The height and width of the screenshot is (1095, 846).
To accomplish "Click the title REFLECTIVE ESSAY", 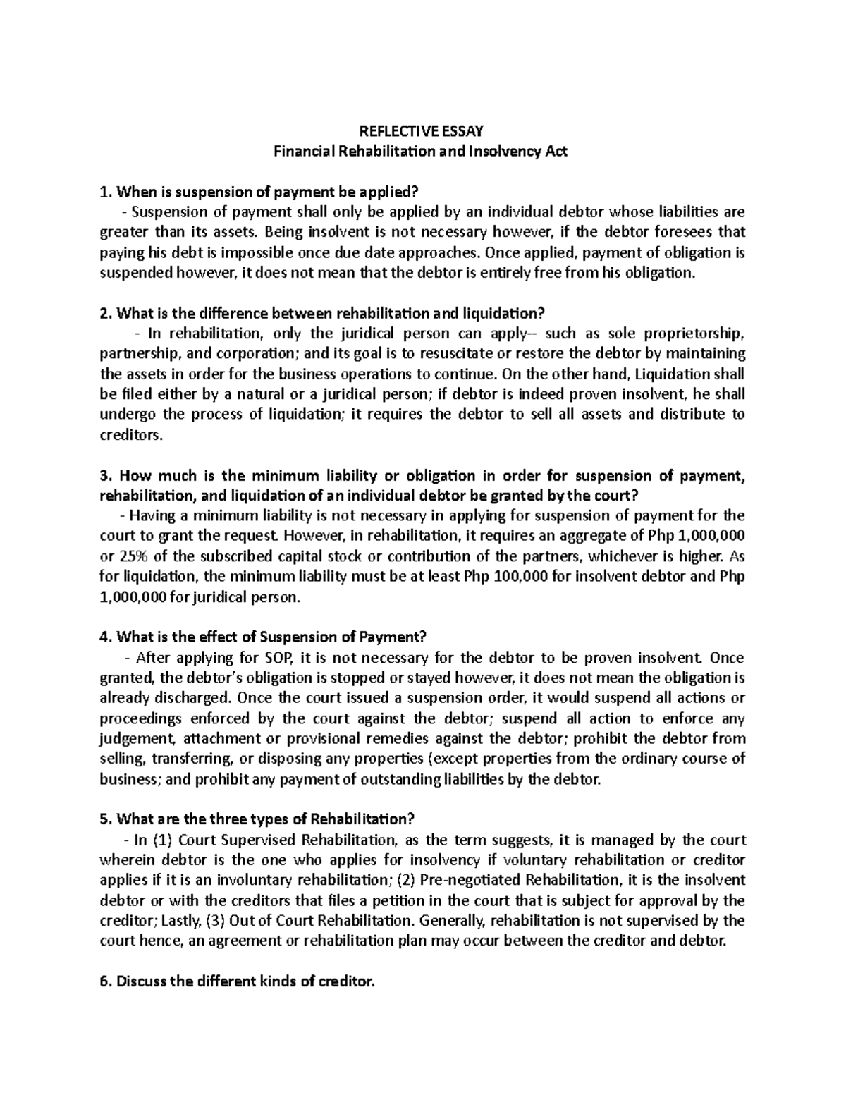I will pyautogui.click(x=422, y=130).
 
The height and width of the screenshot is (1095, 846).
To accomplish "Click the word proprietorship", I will pyautogui.click(x=697, y=333).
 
